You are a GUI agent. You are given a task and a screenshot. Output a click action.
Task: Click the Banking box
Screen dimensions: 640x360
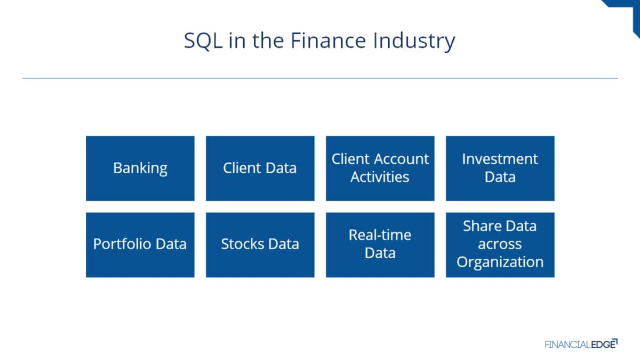coord(140,169)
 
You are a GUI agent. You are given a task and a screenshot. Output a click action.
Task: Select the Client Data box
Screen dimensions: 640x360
coord(260,169)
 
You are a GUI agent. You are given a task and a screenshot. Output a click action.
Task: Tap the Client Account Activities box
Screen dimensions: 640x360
coord(380,169)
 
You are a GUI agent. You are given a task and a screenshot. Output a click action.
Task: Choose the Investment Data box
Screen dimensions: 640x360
coord(500,169)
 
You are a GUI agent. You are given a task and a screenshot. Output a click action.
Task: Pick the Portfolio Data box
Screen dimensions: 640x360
coord(140,245)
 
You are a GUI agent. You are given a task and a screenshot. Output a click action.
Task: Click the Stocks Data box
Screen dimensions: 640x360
coord(260,245)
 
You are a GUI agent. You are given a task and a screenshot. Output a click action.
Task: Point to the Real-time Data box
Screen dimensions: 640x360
coord(380,245)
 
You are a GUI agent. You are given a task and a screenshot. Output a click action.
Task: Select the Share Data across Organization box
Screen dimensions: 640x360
coord(500,245)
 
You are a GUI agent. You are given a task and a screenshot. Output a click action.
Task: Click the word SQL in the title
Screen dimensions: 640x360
coord(203,41)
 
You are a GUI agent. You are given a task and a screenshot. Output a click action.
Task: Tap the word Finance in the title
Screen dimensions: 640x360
coord(328,41)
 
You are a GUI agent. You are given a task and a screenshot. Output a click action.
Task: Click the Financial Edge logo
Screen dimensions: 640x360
coord(581,344)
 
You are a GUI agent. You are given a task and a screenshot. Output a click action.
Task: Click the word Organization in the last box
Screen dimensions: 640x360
coord(500,262)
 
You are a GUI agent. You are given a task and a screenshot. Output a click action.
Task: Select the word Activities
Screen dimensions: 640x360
coord(380,177)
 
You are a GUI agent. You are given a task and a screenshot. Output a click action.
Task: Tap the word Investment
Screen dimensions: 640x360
coord(500,159)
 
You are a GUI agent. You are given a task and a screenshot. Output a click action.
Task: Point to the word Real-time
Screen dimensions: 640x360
coord(380,235)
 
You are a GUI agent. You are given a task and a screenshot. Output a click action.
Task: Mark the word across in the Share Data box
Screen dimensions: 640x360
coord(500,244)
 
